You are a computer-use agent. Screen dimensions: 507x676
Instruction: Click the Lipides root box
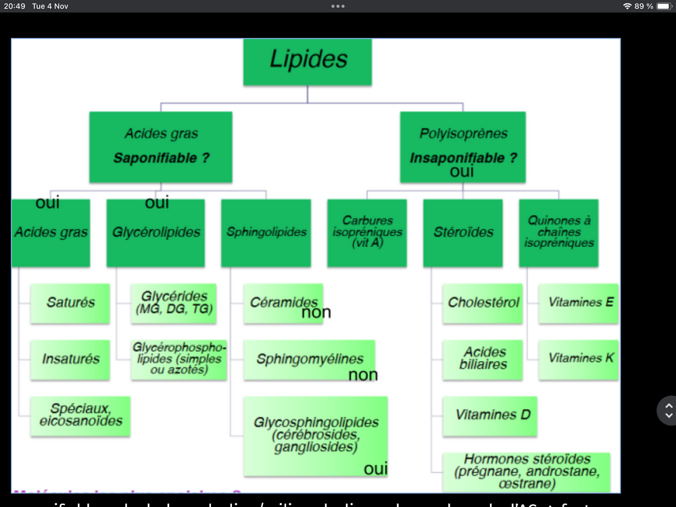308,62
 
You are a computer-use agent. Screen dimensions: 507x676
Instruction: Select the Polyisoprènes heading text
463,133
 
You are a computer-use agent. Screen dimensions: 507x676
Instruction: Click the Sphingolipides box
266,232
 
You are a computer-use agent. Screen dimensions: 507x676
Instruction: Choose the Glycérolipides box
156,232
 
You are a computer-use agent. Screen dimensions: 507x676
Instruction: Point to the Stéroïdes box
463,232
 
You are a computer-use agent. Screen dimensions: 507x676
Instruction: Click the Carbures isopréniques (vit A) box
367,232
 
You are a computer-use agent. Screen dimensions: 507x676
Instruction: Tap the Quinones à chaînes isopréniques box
559,232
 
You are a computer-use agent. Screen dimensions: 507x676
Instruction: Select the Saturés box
70,303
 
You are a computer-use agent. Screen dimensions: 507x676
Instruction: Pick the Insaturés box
70,359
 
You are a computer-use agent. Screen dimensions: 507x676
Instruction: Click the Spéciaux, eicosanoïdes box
80,415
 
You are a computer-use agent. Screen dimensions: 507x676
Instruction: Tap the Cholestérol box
483,303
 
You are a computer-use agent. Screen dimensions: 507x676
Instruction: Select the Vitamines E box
579,303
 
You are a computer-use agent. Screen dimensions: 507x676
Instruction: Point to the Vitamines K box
579,358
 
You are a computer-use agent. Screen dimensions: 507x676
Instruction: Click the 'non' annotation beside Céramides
316,312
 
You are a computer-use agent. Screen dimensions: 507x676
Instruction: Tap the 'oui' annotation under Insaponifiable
462,172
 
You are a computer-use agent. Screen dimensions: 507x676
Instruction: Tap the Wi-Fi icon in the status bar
627,6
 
